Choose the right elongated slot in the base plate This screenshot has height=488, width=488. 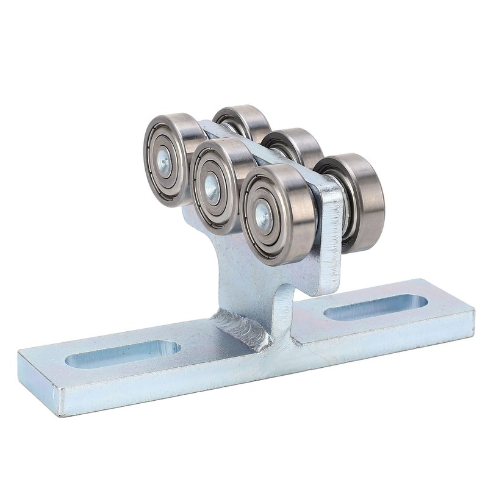(x=375, y=306)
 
